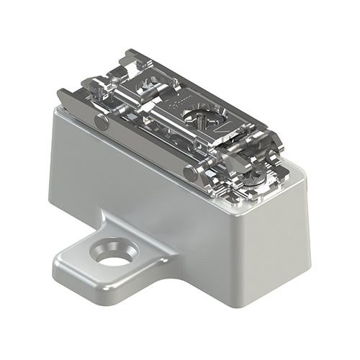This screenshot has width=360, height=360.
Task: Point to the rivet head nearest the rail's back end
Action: pyautogui.click(x=102, y=123)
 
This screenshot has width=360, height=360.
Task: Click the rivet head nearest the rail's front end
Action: pyautogui.click(x=190, y=173)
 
